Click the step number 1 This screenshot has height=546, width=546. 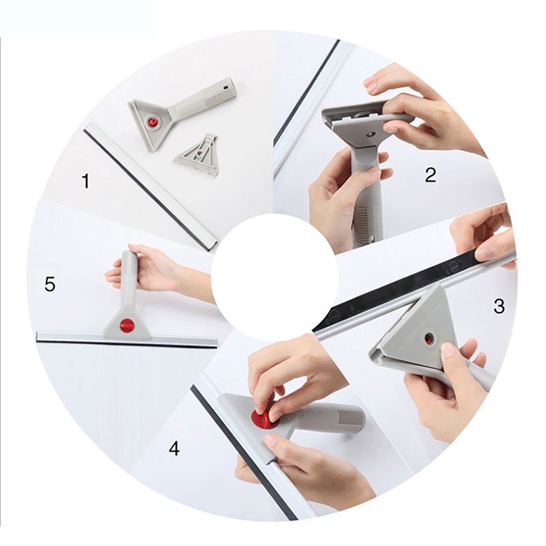(85, 181)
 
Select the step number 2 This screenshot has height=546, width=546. (430, 175)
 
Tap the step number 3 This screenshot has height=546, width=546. (499, 306)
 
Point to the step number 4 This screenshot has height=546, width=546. (175, 448)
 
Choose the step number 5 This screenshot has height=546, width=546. (50, 284)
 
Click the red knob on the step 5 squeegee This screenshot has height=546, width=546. (126, 325)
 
